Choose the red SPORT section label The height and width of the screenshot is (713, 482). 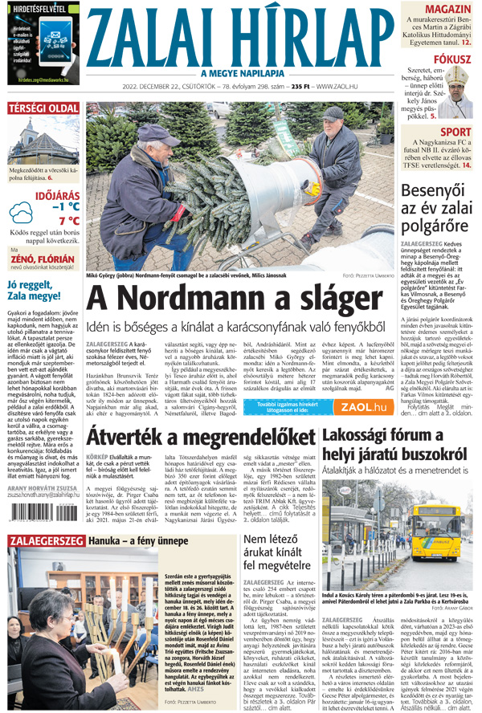[455, 132]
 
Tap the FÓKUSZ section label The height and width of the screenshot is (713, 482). [451, 59]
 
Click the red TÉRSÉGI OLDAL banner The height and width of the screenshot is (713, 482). [43, 109]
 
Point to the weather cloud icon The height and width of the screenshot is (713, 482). [20, 213]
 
